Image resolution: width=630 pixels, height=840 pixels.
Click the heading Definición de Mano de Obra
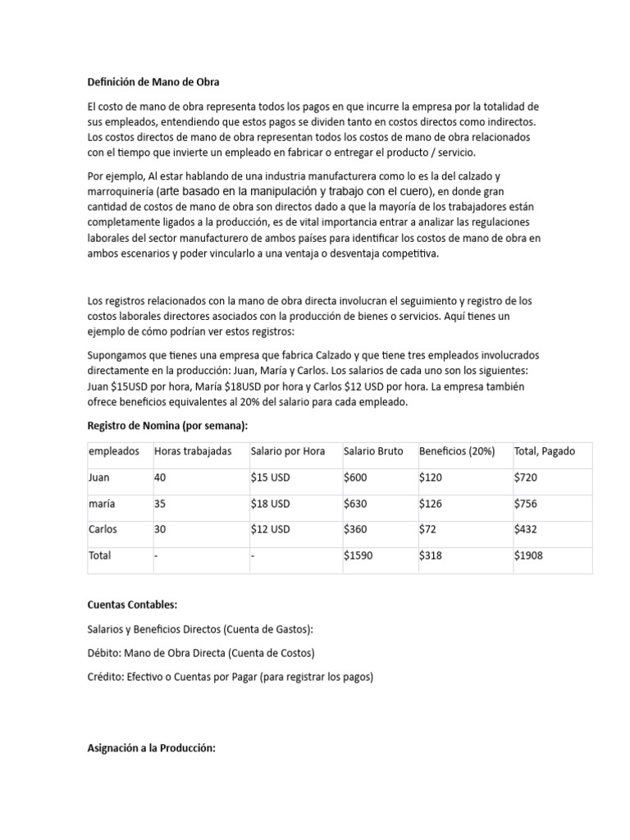click(153, 82)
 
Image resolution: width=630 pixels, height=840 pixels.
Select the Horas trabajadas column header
click(193, 452)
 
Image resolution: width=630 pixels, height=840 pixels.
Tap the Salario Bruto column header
click(373, 452)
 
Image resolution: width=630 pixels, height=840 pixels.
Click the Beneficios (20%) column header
click(457, 452)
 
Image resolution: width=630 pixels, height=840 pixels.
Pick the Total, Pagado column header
click(545, 452)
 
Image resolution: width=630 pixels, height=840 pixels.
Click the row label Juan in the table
click(98, 477)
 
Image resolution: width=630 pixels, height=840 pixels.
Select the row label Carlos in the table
click(103, 529)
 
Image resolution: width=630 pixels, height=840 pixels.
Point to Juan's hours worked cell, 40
click(160, 477)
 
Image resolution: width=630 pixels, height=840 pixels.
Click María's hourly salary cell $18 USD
click(271, 504)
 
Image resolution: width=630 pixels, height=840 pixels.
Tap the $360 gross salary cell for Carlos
click(355, 529)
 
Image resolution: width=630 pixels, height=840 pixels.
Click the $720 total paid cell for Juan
click(525, 477)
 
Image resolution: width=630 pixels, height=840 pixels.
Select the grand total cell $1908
click(528, 555)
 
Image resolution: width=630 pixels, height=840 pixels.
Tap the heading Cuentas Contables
click(132, 605)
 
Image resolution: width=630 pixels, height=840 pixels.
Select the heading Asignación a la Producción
click(151, 748)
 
